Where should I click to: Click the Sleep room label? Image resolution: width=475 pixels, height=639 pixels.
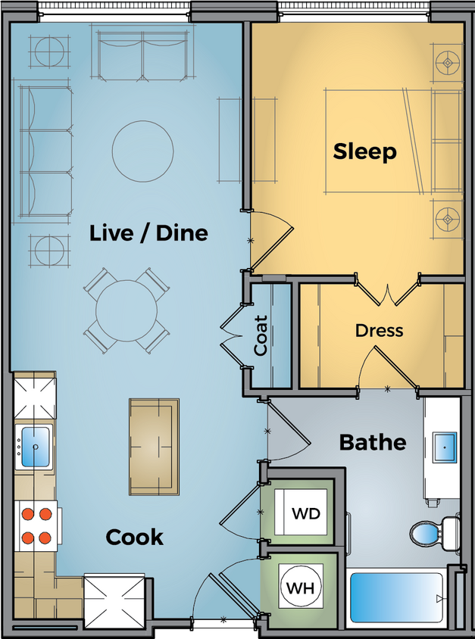coord(364,151)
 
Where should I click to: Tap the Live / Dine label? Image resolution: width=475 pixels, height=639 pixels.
coord(148,232)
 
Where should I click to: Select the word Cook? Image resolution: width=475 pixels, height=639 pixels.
coord(134,537)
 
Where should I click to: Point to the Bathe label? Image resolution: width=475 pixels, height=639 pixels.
coord(372,441)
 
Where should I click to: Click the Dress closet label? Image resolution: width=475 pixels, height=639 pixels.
coord(379,331)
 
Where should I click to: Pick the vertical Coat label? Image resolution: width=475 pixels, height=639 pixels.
coord(261,335)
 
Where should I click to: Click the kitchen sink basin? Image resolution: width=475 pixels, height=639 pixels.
coord(34,447)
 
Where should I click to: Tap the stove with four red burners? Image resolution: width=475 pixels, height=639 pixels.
coord(36,526)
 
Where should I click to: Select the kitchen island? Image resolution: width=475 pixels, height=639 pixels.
coord(154,447)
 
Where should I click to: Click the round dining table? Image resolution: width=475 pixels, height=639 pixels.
coord(127,310)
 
